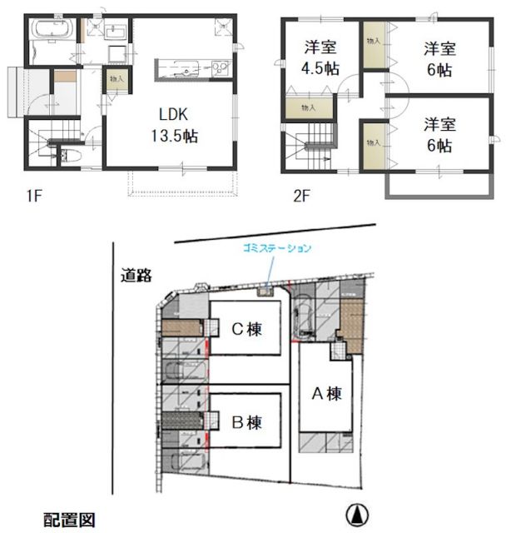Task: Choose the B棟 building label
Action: (246, 421)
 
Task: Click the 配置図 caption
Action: (70, 520)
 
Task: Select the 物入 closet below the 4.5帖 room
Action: (307, 107)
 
